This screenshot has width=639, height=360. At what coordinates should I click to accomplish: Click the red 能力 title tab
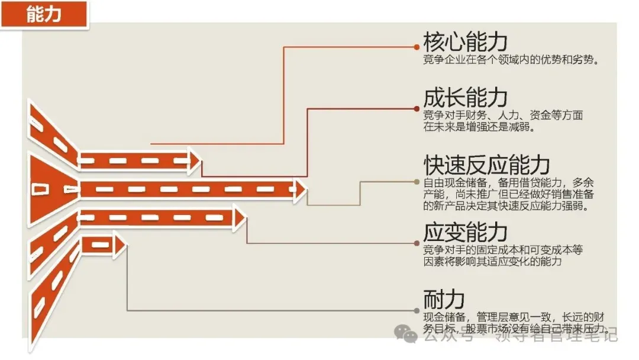(x=44, y=14)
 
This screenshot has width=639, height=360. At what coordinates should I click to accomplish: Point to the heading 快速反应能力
(x=486, y=165)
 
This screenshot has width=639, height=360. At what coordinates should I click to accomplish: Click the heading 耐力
(x=444, y=298)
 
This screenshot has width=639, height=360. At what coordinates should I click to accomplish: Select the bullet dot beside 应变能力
(x=417, y=243)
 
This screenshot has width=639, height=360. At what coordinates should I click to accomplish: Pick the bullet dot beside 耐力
(x=417, y=310)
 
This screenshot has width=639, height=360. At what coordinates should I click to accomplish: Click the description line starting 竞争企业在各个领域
(x=509, y=60)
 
